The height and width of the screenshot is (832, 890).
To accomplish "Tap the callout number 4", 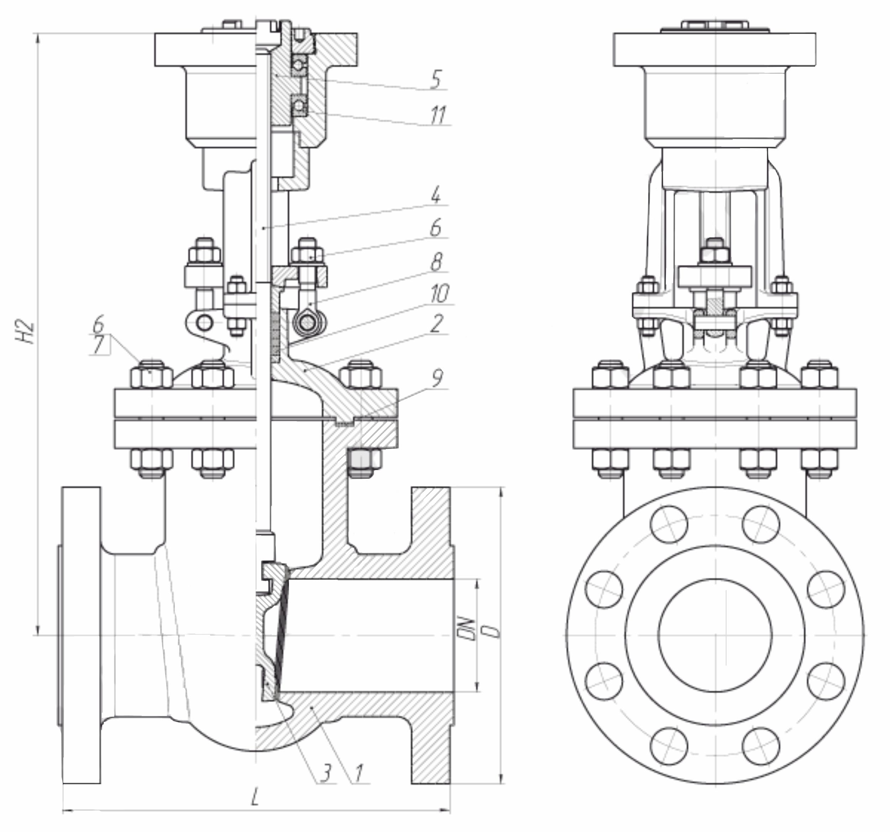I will click(x=436, y=195).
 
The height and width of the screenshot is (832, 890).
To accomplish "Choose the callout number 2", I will click(x=436, y=323).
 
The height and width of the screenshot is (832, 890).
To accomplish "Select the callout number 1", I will click(x=358, y=773).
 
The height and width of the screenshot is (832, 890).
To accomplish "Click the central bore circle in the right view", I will click(x=715, y=635).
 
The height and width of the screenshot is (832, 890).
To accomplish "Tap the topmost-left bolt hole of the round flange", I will click(x=669, y=524).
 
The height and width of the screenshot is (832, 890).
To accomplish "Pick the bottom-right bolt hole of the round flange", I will click(x=761, y=746).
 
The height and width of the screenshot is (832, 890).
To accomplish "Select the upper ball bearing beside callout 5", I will click(x=299, y=65).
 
